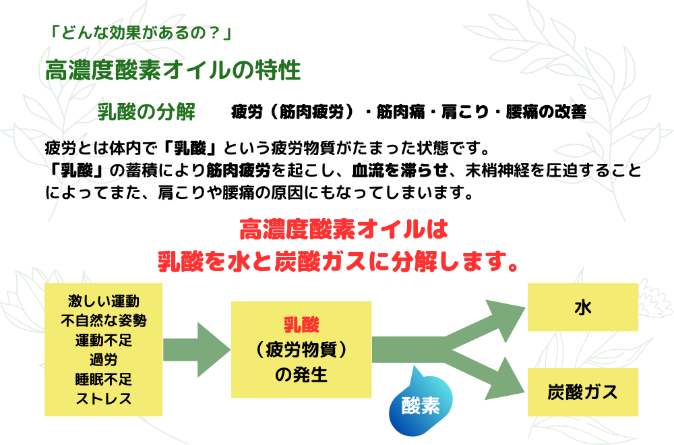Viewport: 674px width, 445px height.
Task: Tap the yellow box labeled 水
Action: point(582,307)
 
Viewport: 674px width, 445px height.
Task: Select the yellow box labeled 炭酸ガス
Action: point(582,392)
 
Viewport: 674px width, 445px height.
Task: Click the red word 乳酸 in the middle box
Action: point(301,324)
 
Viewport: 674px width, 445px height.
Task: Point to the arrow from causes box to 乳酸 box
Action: point(197,349)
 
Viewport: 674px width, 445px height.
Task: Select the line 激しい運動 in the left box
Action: point(104,301)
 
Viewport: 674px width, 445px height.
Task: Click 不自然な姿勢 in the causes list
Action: point(104,321)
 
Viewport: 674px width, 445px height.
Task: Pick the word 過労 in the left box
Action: point(104,360)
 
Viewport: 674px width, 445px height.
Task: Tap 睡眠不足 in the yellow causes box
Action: point(104,379)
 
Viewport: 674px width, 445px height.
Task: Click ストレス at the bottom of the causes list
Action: point(104,399)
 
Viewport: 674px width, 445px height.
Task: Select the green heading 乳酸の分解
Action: point(146,112)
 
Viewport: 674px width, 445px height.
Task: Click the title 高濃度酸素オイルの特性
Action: point(173,70)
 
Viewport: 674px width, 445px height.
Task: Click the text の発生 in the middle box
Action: point(301,374)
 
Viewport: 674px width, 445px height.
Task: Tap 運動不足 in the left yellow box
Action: point(104,340)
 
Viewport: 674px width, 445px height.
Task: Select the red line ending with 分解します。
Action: point(338,262)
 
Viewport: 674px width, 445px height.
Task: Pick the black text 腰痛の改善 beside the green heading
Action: point(546,112)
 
